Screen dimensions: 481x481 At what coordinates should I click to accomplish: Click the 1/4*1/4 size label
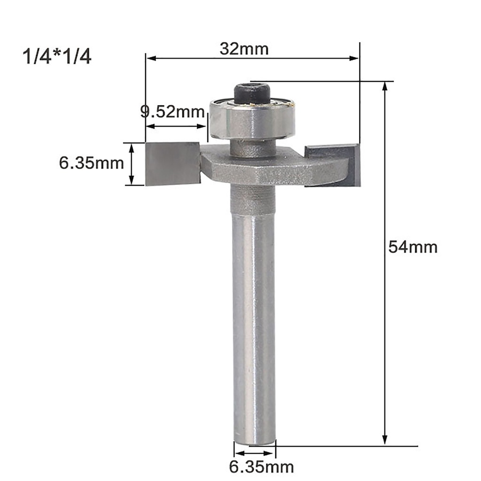57,57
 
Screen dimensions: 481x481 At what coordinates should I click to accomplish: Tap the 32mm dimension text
244,48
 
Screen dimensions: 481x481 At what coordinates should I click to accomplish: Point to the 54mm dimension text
412,247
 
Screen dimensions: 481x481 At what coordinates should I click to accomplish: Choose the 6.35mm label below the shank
261,467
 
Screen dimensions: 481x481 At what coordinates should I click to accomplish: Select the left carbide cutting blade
173,163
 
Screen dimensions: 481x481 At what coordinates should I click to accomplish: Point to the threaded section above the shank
254,199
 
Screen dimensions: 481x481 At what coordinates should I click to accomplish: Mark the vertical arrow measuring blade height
132,164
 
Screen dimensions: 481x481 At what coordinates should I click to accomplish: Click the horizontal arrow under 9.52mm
176,126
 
